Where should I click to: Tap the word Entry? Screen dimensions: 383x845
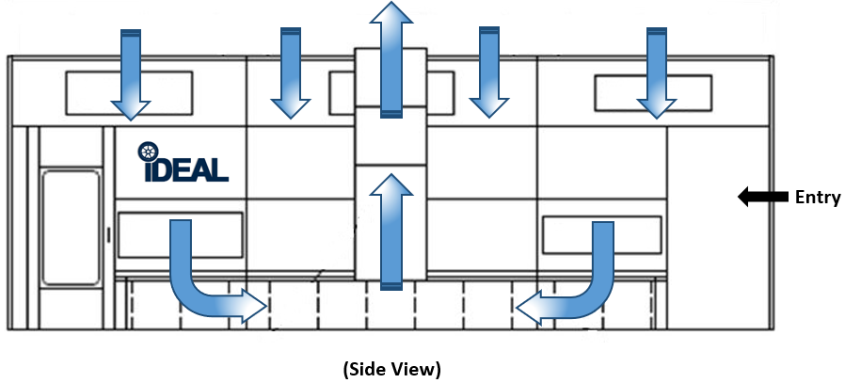817,197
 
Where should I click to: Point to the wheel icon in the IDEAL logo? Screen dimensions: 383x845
148,152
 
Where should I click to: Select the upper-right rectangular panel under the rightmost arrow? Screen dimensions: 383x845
621,91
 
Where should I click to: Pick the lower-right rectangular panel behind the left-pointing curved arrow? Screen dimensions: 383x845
565,234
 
